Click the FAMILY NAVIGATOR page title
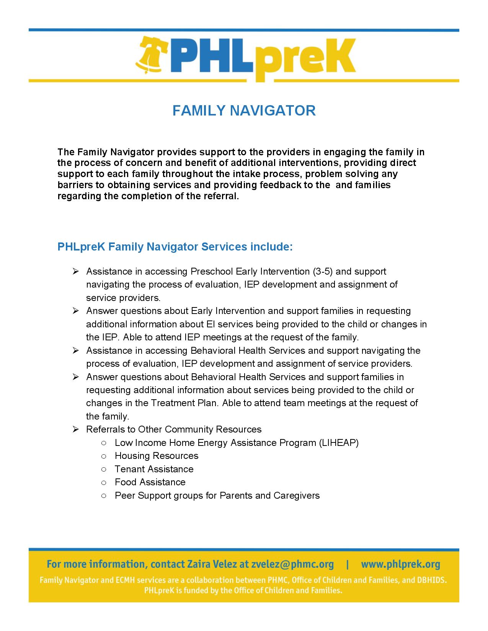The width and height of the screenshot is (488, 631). click(x=244, y=111)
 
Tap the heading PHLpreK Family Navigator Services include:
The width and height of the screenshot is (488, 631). click(x=175, y=247)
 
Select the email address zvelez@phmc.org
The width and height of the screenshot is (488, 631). click(x=292, y=564)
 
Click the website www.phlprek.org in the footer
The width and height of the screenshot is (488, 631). click(x=400, y=564)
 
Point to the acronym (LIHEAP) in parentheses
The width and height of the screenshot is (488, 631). click(x=338, y=443)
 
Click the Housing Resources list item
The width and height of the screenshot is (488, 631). click(x=157, y=456)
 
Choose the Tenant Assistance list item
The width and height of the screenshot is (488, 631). click(x=154, y=469)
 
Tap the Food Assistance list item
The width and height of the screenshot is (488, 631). click(x=150, y=482)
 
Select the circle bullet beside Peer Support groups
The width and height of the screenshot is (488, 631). click(x=104, y=496)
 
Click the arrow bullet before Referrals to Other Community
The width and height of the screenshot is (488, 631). click(x=75, y=429)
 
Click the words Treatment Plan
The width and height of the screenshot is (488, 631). click(x=185, y=403)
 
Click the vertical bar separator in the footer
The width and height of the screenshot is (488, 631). click(x=347, y=564)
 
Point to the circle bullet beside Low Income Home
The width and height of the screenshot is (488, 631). click(x=104, y=443)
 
